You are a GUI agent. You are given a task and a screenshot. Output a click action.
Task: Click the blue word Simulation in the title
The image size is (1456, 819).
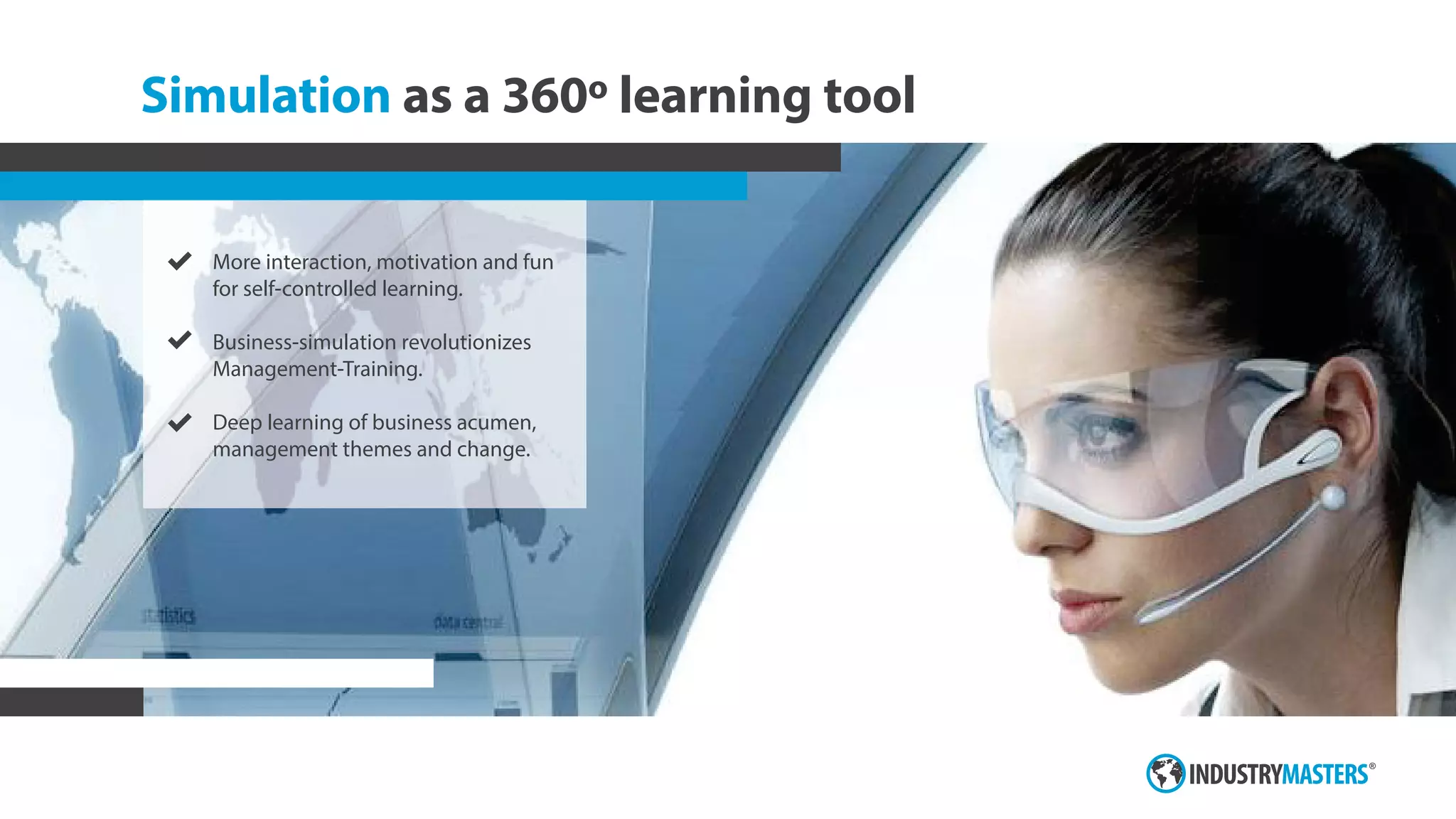point(265,95)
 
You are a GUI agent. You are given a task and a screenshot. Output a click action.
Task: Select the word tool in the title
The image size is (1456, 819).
point(869,95)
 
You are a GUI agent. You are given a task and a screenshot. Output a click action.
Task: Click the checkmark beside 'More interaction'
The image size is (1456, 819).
point(180,262)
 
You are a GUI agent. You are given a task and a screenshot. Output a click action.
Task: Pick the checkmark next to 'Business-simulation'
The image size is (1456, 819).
point(180,341)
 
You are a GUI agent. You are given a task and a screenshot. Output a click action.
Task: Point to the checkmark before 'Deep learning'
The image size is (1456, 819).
point(180,422)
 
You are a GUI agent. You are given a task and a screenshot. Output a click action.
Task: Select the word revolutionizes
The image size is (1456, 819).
point(466,343)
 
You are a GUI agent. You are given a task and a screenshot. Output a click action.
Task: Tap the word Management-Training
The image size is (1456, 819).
point(317,370)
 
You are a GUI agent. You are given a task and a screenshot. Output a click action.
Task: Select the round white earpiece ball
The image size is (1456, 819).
point(1334,496)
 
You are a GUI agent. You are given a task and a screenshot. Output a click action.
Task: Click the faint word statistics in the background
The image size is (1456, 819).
point(168,616)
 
